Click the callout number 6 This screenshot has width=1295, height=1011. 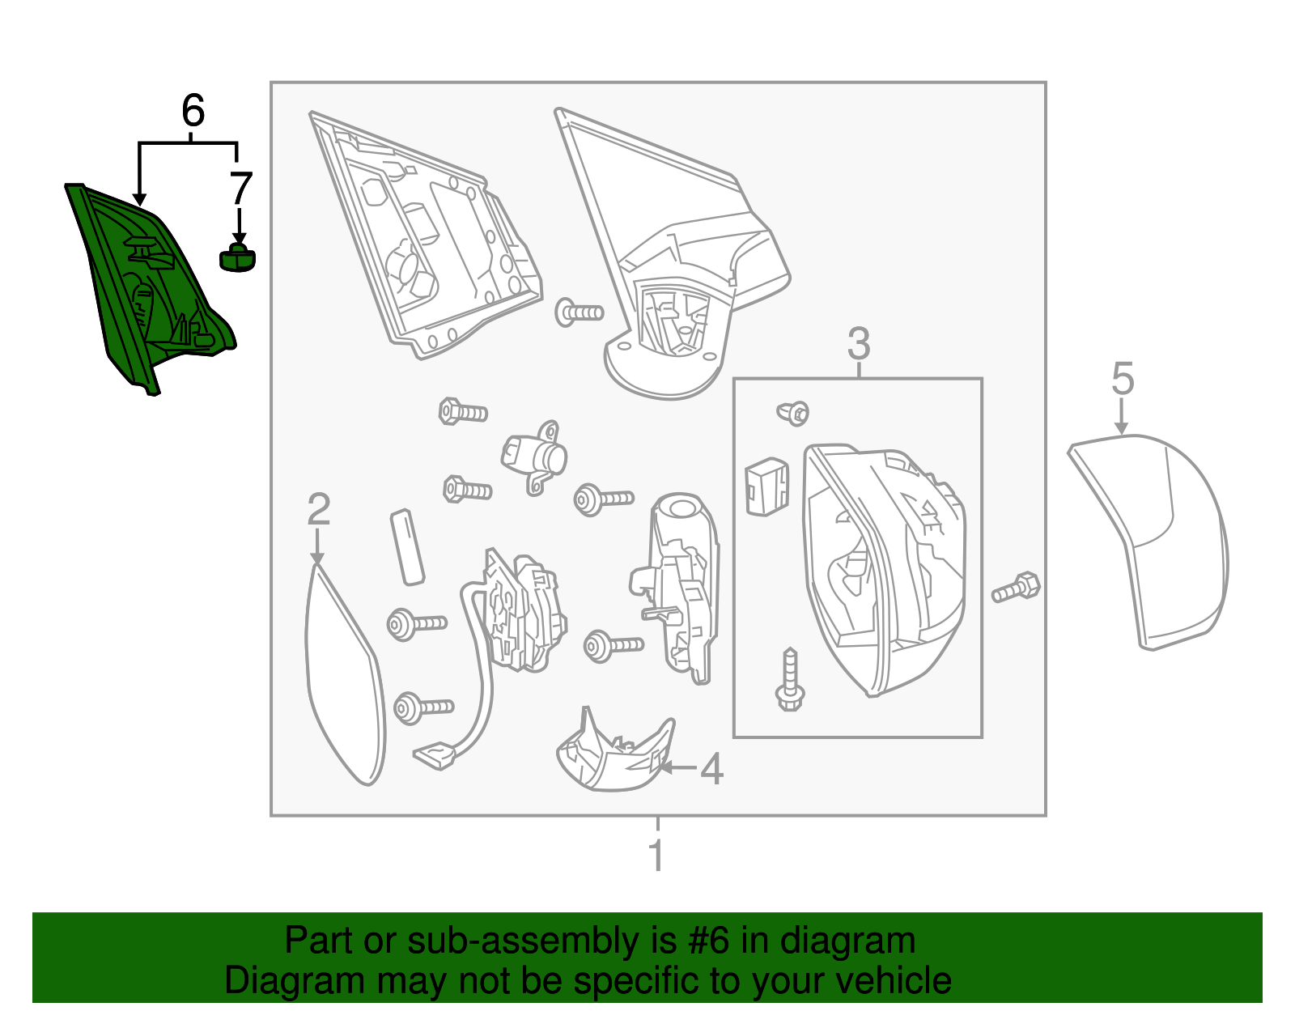point(193,111)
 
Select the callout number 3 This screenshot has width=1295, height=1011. point(858,344)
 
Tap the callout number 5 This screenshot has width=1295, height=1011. point(1123,379)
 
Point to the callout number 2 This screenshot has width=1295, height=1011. point(318,509)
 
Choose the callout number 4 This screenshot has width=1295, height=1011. point(711,769)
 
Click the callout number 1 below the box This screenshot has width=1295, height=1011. point(656,856)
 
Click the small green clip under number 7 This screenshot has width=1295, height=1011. point(237,259)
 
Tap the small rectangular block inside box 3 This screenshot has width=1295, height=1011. point(766,486)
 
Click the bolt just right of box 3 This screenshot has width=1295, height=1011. point(1017,588)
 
